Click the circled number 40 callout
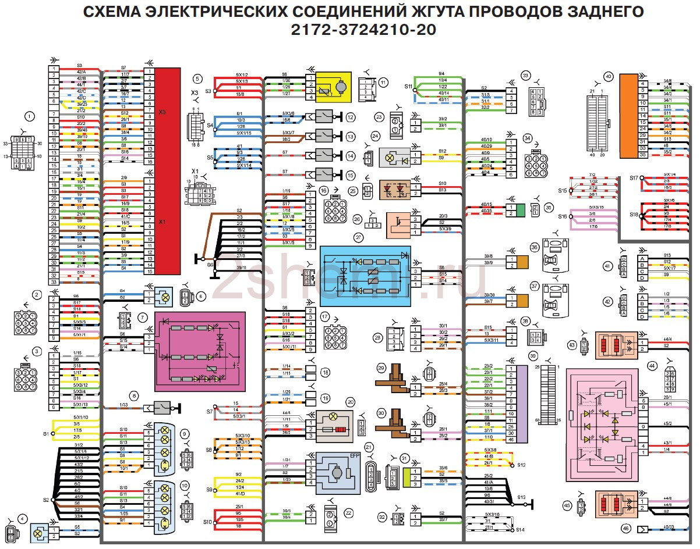point(608,76)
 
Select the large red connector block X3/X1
point(168,170)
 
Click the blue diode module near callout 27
point(365,276)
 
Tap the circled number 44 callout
point(652,365)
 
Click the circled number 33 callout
point(526,76)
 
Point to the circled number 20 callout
point(350,401)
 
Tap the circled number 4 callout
point(22,519)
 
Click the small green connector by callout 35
point(520,210)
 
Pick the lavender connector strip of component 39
point(522,404)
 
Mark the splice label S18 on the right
point(634,215)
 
